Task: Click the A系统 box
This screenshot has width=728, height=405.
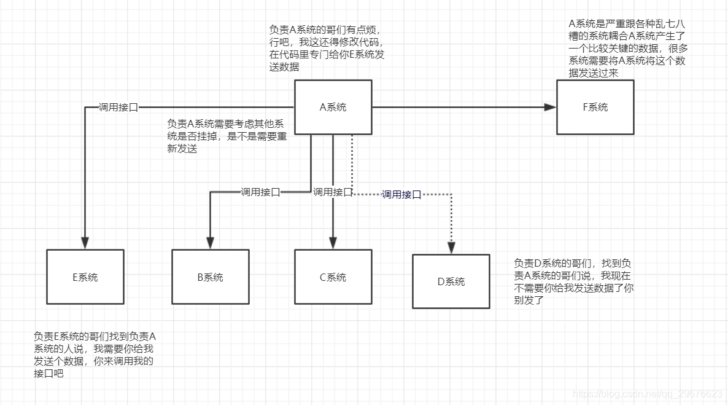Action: [333, 107]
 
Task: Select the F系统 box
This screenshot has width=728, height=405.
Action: [595, 107]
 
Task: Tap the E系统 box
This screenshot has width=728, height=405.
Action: [85, 277]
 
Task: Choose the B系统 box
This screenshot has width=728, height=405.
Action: [211, 277]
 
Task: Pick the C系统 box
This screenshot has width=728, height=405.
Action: [333, 277]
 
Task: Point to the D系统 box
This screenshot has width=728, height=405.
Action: [451, 281]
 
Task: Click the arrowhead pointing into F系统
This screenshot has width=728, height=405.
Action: [550, 107]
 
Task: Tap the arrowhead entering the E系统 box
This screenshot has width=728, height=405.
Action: [85, 243]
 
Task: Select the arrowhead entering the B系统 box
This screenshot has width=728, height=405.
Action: [211, 243]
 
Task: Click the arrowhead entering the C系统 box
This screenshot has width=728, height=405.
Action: [333, 243]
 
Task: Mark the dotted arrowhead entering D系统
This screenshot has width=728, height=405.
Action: [451, 248]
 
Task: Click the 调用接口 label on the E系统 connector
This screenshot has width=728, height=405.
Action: [118, 107]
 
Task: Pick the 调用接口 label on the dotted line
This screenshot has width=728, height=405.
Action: [401, 194]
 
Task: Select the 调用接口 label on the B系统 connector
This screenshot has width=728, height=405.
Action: [260, 192]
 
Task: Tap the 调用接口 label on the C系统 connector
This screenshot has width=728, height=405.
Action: [333, 192]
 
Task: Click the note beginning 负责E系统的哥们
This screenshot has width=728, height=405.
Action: [95, 355]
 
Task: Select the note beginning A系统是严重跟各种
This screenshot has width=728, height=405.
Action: [627, 49]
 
